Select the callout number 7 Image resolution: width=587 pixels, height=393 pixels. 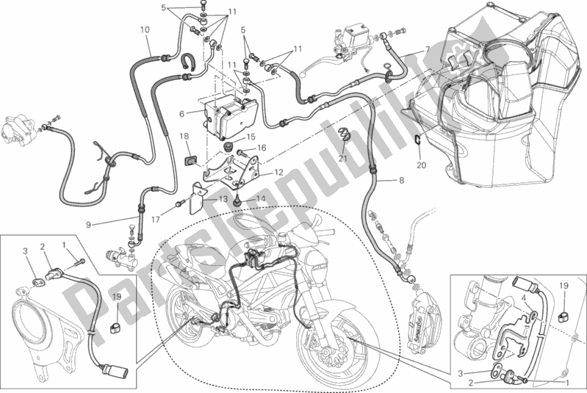tap(426, 49)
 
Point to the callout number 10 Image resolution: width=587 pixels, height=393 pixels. tap(145, 30)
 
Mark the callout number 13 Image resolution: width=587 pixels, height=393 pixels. tap(220, 199)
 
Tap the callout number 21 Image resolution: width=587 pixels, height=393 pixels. tap(343, 159)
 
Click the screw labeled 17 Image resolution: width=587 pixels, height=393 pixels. tap(179, 202)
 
